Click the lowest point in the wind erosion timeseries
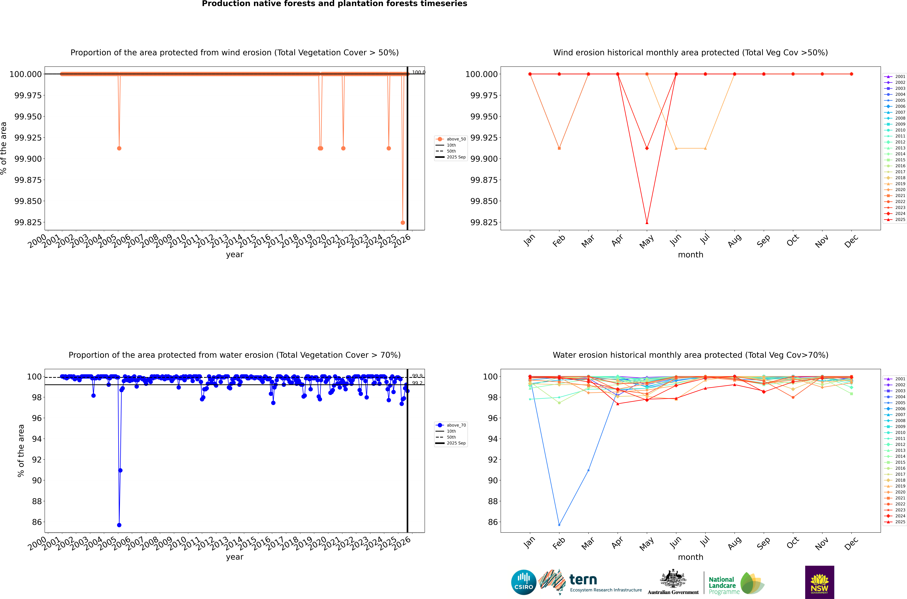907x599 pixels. [402, 222]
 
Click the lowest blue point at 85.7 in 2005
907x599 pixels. [119, 525]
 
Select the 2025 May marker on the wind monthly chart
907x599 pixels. [647, 222]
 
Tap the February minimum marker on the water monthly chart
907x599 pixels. [559, 525]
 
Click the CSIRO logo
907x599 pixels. [524, 582]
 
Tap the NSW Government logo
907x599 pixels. [820, 582]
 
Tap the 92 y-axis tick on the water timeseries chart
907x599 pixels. [37, 460]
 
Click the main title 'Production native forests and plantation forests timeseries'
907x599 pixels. [334, 4]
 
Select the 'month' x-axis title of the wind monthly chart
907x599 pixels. [690, 255]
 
